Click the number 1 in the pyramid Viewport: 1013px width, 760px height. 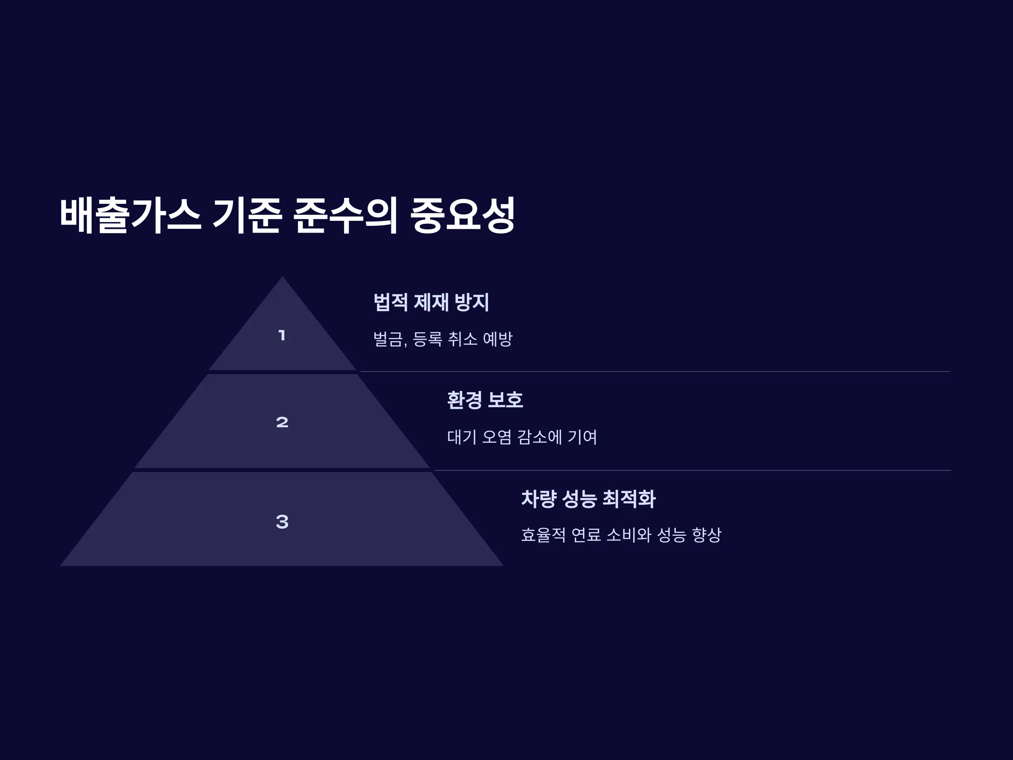tap(282, 335)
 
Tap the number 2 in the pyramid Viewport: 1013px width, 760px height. tap(282, 422)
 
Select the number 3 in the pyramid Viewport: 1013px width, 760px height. tap(282, 521)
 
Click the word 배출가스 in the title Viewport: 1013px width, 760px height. tap(130, 215)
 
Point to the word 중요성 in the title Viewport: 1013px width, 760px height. tap(463, 215)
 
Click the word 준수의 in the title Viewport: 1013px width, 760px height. tap(345, 215)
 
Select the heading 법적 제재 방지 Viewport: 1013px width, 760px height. tap(431, 302)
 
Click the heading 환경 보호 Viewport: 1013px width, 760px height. tap(485, 400)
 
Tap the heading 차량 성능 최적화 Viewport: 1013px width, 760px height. tap(588, 499)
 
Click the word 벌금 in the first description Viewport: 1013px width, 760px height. tap(388, 339)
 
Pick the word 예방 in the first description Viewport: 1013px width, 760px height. tap(497, 339)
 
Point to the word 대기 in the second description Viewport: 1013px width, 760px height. tap(462, 437)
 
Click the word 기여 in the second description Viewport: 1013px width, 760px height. tap(582, 437)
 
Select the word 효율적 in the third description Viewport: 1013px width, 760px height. tap(544, 535)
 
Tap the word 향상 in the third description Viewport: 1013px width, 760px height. tap(707, 535)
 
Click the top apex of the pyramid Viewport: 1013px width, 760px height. tap(282, 276)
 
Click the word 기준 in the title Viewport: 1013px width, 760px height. tap(247, 215)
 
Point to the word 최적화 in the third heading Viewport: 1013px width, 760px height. tap(629, 499)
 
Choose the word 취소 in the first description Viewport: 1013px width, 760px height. tap(463, 339)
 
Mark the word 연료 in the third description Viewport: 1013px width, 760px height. tap(586, 535)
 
